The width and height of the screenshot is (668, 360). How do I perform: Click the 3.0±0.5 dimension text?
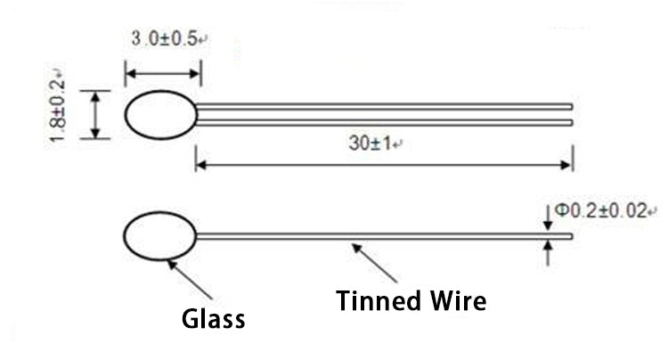pyautogui.click(x=165, y=39)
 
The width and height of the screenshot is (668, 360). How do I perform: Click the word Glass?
pyautogui.click(x=213, y=318)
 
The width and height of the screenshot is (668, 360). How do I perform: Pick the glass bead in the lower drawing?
pyautogui.click(x=159, y=237)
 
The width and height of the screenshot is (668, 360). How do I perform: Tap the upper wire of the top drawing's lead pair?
pyautogui.click(x=383, y=106)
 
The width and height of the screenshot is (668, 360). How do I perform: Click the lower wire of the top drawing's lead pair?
pyautogui.click(x=383, y=122)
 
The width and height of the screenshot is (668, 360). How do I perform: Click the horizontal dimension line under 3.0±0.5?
pyautogui.click(x=162, y=73)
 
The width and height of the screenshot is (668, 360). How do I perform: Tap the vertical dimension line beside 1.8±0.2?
pyautogui.click(x=95, y=114)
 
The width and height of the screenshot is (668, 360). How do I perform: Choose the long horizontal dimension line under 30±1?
pyautogui.click(x=383, y=164)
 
